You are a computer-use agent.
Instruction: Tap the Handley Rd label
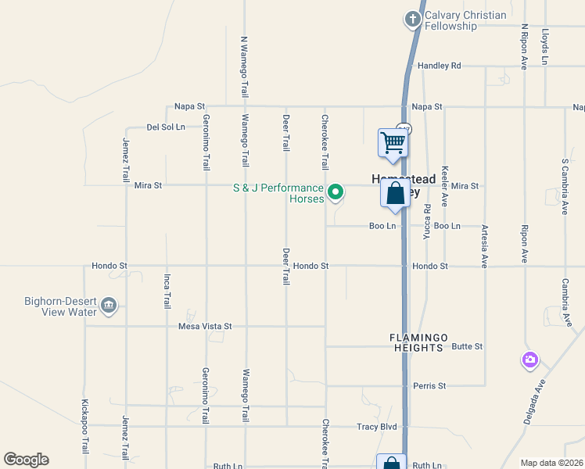tap(439, 66)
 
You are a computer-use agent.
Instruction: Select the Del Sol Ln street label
tap(166, 127)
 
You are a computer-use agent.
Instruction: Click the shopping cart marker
tap(393, 142)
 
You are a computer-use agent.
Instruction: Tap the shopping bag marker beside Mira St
tap(396, 192)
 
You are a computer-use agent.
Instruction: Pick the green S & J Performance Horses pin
tap(336, 191)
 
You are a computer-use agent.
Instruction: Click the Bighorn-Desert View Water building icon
tap(109, 306)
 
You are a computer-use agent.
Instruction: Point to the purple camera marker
tap(530, 360)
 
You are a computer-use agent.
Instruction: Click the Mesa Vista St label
tap(206, 326)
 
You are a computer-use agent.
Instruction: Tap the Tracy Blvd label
tap(377, 427)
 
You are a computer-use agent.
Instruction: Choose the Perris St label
tap(430, 386)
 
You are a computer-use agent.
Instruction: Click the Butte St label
tap(468, 346)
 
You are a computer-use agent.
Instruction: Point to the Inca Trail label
tap(166, 291)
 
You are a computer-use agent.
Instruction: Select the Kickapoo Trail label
tap(84, 427)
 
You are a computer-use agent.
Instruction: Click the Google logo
tap(26, 460)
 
